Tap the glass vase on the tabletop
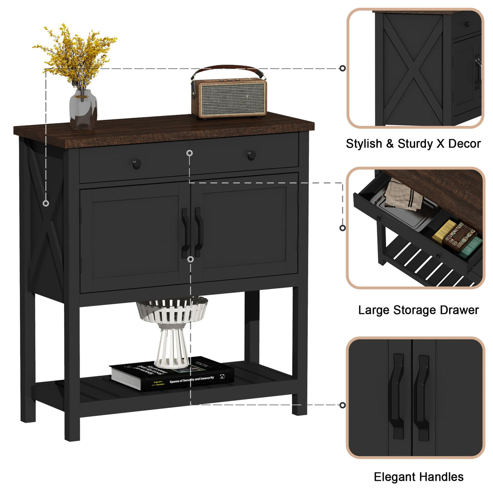(x=83, y=109)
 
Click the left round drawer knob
(x=136, y=164)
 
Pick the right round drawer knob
(x=251, y=155)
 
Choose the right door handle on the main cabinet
(x=199, y=231)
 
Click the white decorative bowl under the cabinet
(x=172, y=309)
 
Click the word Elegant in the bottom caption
(x=392, y=477)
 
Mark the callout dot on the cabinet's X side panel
(x=46, y=203)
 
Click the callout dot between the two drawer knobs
(x=189, y=153)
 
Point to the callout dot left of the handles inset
(x=342, y=405)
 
